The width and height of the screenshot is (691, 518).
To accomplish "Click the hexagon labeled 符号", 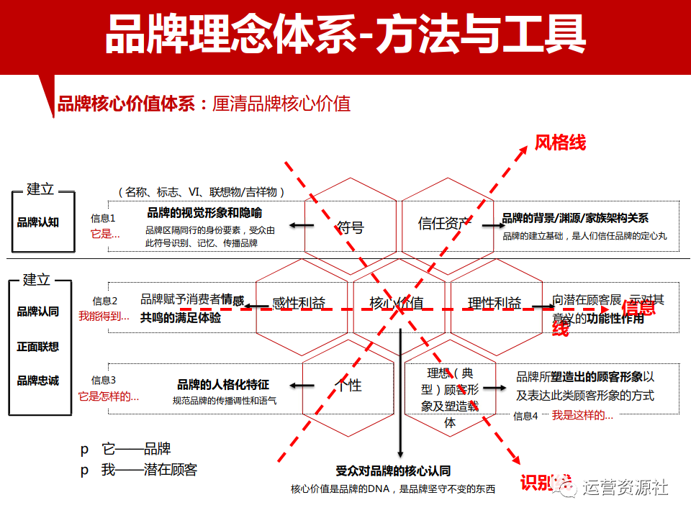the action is point(350,227).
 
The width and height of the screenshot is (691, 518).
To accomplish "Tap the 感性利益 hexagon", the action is point(301,303).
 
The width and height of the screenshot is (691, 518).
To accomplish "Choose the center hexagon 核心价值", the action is point(397,303).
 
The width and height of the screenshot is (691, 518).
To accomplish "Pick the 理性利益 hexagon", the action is point(494,303).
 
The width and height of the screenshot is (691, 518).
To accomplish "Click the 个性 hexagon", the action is point(350,385).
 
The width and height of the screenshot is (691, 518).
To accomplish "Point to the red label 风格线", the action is point(560,142).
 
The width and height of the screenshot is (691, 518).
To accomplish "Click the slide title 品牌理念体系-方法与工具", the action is point(345,34).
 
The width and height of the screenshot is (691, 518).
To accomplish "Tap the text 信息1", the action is point(102,217).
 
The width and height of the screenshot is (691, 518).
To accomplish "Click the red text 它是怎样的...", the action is point(109,396).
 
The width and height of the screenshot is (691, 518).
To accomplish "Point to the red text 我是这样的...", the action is point(582,415).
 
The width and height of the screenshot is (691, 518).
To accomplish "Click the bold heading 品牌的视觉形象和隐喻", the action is point(204,213).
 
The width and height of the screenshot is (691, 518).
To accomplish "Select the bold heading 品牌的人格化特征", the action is point(223,385).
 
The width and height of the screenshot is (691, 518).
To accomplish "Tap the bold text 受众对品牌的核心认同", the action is point(393,471).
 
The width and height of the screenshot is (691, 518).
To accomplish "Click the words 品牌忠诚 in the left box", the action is point(38,381).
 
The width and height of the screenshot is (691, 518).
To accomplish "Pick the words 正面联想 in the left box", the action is point(38,346).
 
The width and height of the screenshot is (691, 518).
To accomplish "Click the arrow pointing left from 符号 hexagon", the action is point(302,226).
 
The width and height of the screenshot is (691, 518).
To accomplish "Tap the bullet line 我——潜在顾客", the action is point(149,470).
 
